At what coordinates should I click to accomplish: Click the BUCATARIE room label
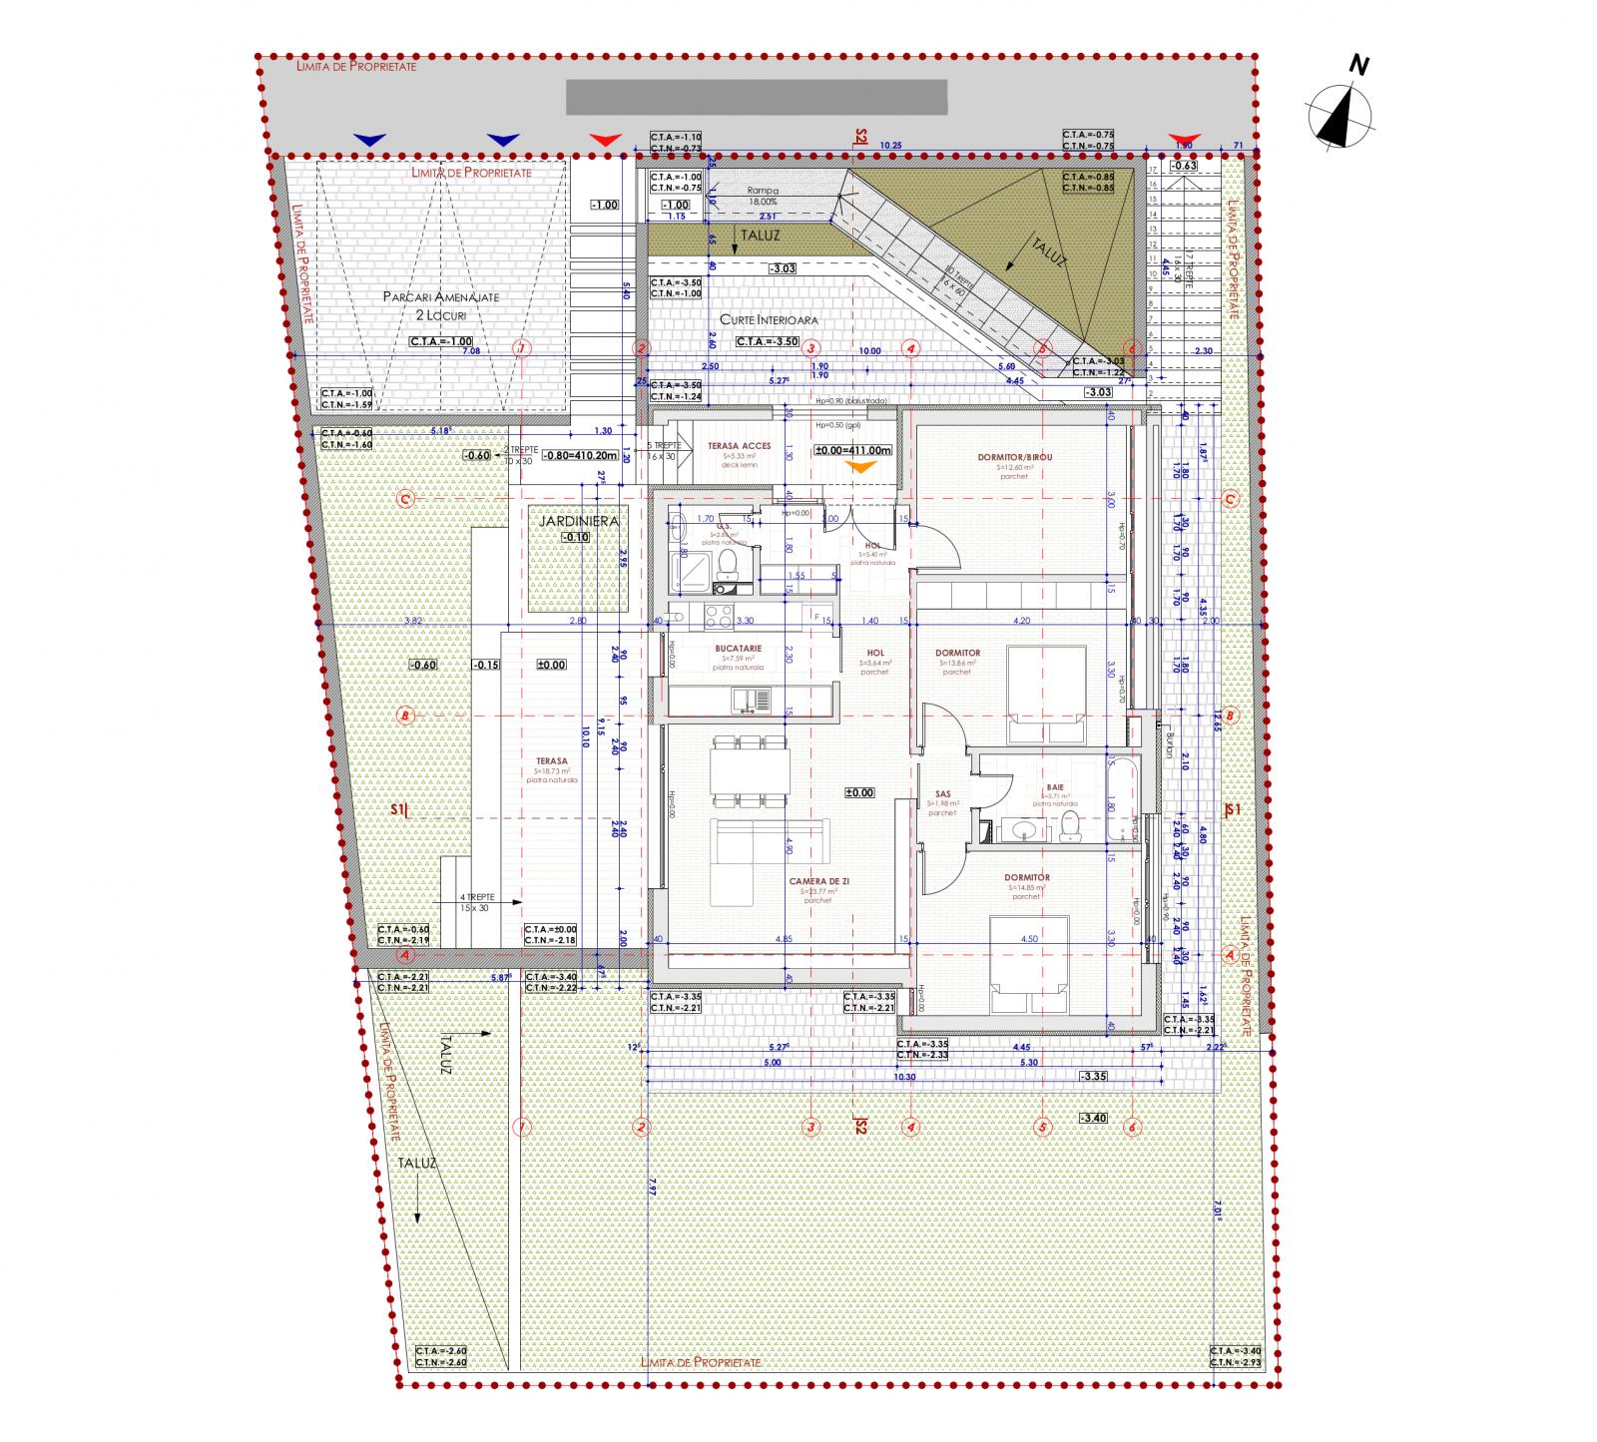[739, 649]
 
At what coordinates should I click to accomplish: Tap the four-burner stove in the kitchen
[718, 618]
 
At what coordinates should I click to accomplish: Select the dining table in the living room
[749, 770]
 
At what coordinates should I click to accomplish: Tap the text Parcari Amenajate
[441, 297]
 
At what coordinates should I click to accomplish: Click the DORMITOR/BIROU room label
[1014, 457]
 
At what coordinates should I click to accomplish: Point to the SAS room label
[942, 794]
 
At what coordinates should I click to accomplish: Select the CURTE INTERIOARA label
[776, 320]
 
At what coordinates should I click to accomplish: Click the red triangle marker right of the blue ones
[605, 141]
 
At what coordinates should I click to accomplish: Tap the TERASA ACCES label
[740, 447]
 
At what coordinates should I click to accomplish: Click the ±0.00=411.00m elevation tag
[852, 450]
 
